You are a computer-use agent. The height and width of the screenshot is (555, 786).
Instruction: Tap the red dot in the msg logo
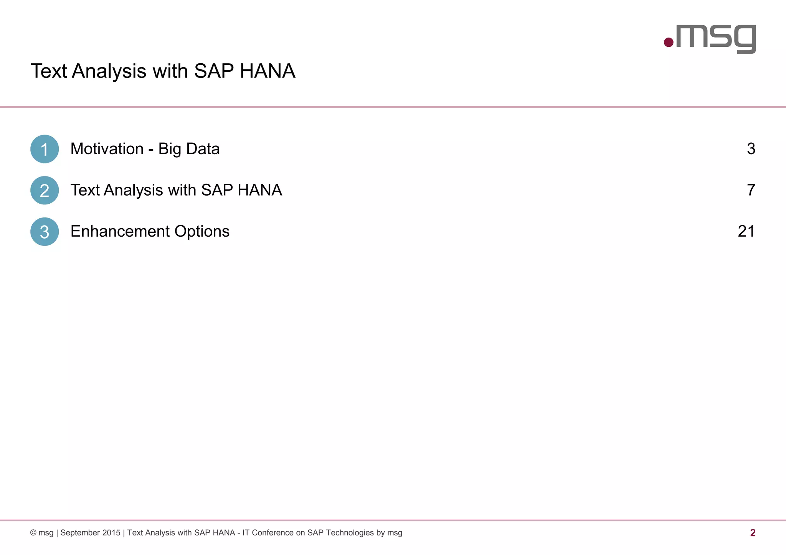(x=669, y=42)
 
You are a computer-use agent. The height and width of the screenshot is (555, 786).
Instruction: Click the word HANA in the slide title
(x=268, y=71)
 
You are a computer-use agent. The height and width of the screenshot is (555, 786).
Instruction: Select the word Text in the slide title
(x=48, y=71)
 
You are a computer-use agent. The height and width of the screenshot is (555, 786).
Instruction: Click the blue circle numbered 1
(x=45, y=149)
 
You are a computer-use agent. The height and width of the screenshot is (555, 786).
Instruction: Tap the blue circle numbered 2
(x=45, y=190)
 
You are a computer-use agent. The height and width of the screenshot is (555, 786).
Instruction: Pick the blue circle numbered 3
(x=45, y=232)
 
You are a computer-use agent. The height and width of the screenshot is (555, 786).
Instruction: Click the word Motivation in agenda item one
(x=107, y=149)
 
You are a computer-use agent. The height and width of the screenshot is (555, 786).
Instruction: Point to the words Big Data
(x=189, y=149)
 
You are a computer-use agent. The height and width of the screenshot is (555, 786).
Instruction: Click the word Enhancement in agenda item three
(x=120, y=231)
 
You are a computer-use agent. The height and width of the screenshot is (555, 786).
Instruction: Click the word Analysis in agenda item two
(x=134, y=190)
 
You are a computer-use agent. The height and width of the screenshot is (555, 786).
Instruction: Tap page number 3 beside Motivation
(x=751, y=149)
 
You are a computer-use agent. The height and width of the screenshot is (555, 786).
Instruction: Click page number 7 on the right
(x=751, y=190)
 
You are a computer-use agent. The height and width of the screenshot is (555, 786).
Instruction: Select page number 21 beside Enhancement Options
(x=746, y=231)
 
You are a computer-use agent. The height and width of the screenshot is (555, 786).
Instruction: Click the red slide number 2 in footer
(x=753, y=533)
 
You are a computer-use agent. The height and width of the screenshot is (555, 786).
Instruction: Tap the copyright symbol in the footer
(x=33, y=533)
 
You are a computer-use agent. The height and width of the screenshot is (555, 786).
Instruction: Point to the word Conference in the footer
(x=272, y=533)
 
